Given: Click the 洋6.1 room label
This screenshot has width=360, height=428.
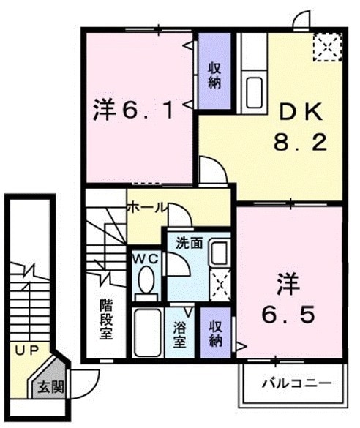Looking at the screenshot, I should (133, 112).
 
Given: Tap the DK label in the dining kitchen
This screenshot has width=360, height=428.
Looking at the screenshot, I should (299, 111).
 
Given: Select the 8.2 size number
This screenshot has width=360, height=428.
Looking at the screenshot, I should (299, 143).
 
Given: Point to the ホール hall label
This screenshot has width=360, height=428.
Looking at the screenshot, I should (147, 208).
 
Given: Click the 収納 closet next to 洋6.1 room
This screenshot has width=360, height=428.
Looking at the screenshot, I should (214, 73).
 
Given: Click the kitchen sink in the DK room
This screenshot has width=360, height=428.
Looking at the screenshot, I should (255, 91).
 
